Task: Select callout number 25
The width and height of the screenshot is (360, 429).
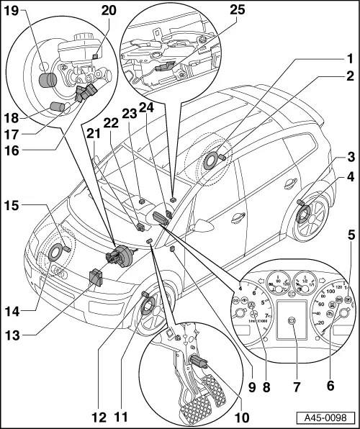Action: (258, 11)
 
